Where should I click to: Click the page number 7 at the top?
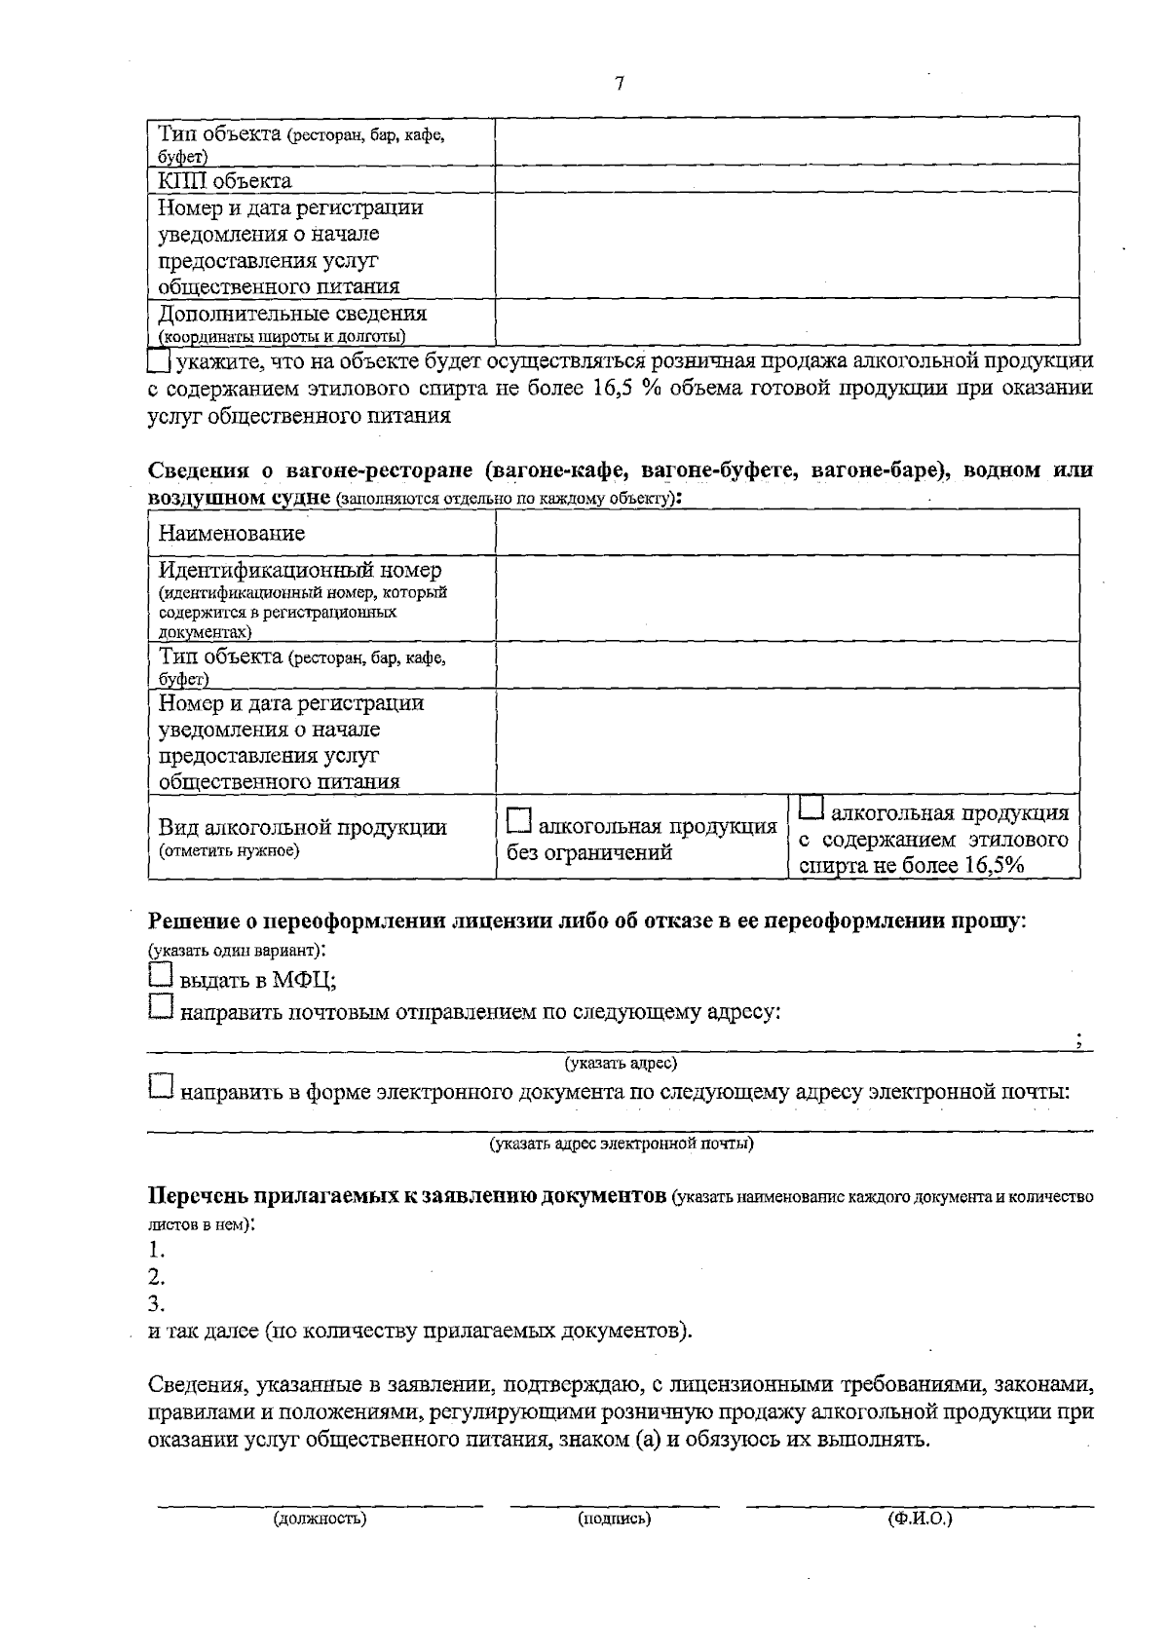pos(620,84)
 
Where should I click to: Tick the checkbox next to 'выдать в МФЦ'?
pos(160,977)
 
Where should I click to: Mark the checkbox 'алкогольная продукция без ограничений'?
pos(520,823)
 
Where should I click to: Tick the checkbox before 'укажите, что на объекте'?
pos(158,361)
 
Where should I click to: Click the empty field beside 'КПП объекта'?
pos(786,179)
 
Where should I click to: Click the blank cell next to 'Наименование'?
pos(786,532)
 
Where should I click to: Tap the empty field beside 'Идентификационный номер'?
pos(786,598)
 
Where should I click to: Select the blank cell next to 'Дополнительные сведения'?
pos(786,321)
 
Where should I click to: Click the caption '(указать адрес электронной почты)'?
pos(621,1143)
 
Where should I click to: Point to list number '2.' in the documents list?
pos(156,1277)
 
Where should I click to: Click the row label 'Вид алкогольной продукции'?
pos(303,828)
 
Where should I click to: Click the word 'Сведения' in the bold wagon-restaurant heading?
pos(202,470)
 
